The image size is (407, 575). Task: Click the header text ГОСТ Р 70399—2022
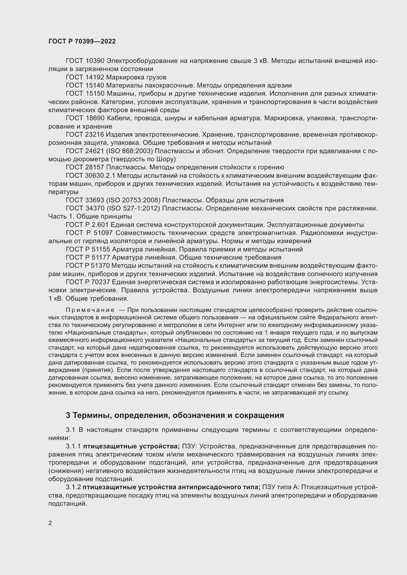(x=82, y=41)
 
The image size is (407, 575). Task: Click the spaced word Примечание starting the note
(x=90, y=310)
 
